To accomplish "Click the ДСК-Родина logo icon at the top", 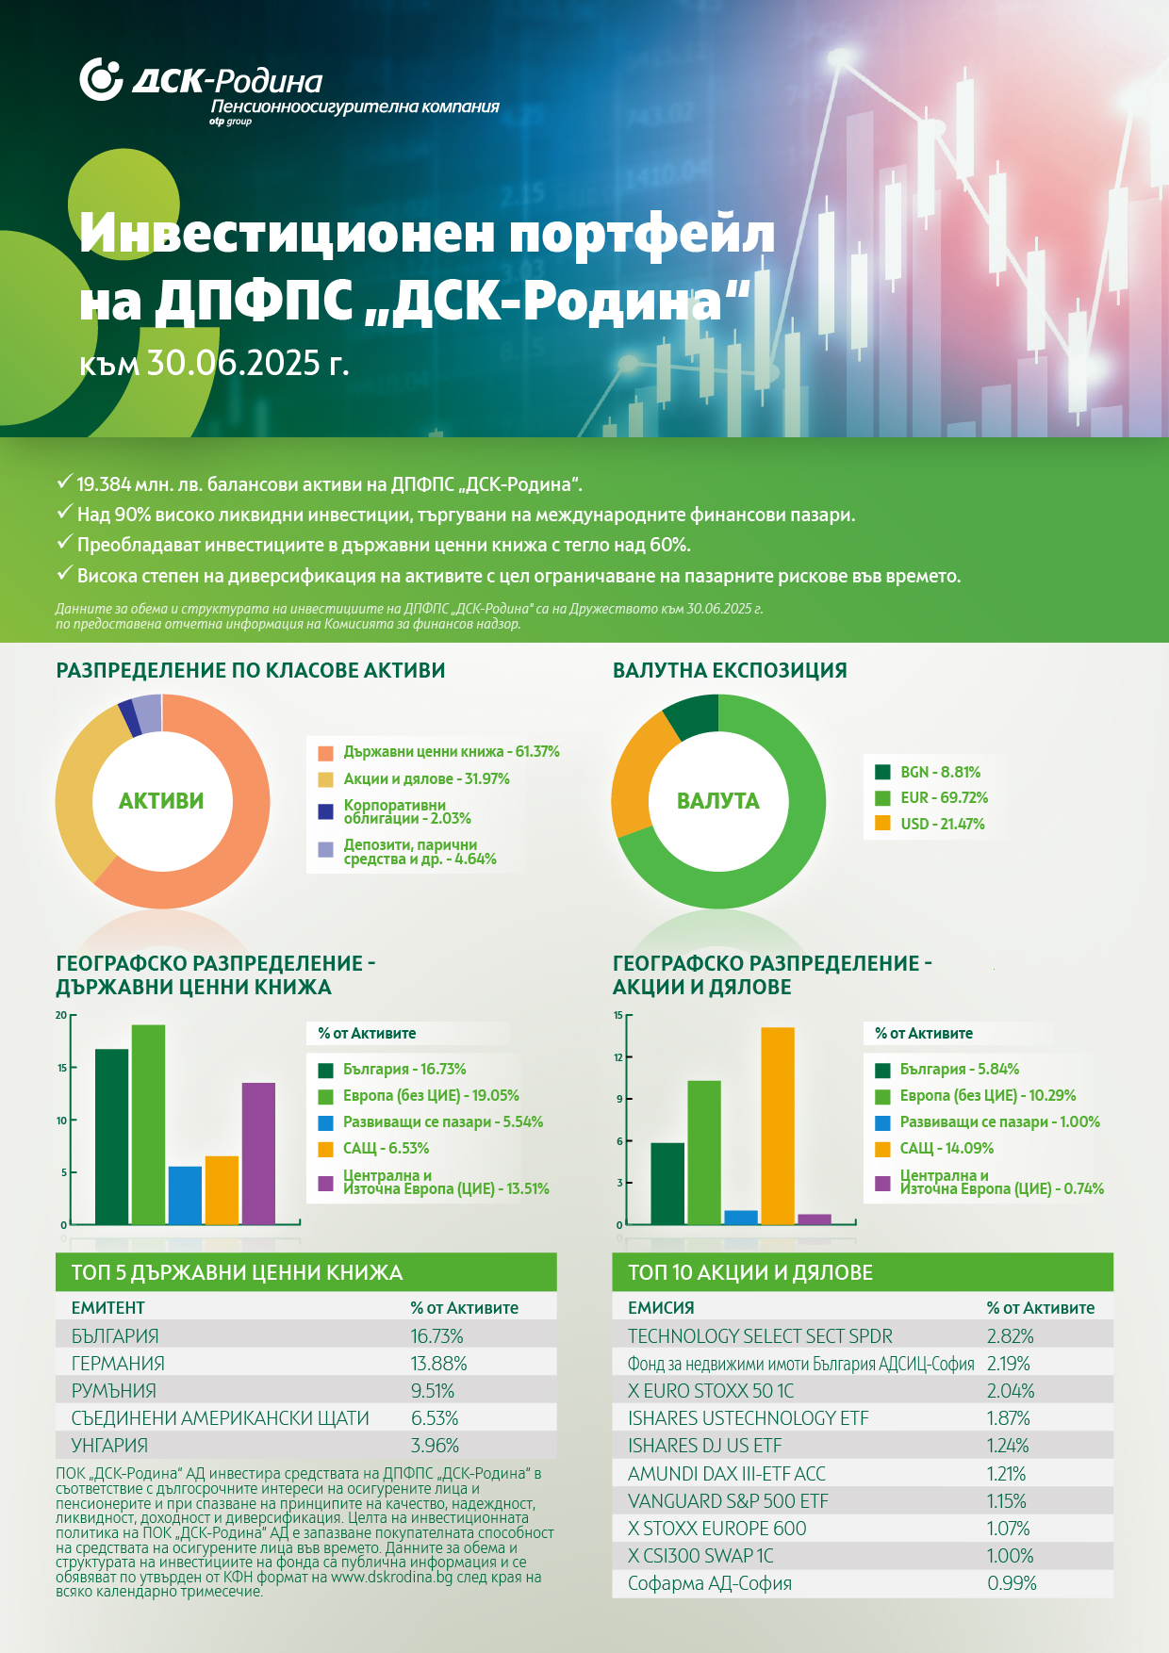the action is pyautogui.click(x=101, y=79).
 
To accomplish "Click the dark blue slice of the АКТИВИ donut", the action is pyautogui.click(x=129, y=718).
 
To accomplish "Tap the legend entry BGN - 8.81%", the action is pyautogui.click(x=928, y=772).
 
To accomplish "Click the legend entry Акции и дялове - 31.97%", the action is pyautogui.click(x=414, y=779).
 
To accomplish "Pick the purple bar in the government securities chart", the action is pyautogui.click(x=258, y=1154).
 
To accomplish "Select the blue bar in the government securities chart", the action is pyautogui.click(x=185, y=1195).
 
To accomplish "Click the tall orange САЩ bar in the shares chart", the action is pyautogui.click(x=778, y=1125).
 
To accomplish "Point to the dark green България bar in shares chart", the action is pyautogui.click(x=667, y=1184).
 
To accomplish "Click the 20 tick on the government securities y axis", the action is pyautogui.click(x=61, y=1016).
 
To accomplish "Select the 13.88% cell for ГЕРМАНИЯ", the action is pyautogui.click(x=438, y=1364).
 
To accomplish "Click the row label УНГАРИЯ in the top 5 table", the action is pyautogui.click(x=109, y=1446).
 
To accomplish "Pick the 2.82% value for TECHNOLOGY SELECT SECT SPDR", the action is pyautogui.click(x=1011, y=1336).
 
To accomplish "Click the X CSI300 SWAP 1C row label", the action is pyautogui.click(x=700, y=1556).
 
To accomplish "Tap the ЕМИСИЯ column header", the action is pyautogui.click(x=661, y=1308).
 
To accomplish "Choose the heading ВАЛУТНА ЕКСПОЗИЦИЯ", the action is pyautogui.click(x=730, y=670).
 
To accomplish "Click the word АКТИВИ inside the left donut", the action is pyautogui.click(x=161, y=801).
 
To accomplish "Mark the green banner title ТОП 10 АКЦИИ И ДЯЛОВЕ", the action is pyautogui.click(x=750, y=1272).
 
